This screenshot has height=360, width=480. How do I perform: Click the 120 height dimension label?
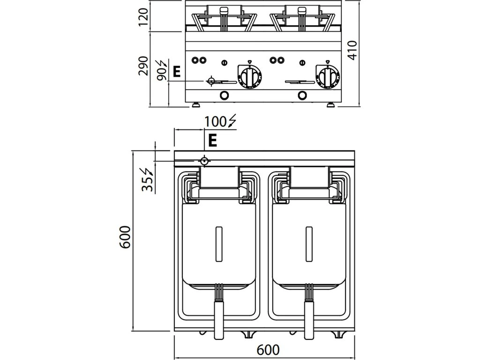pos(144,17)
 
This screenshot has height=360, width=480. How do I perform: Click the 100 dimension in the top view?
pos(215,121)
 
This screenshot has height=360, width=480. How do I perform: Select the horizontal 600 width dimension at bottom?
pos(268,350)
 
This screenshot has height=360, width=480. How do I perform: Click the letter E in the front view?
pos(176,72)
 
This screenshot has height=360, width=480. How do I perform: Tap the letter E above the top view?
pos(212,140)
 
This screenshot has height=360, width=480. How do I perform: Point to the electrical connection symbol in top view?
pos(204,161)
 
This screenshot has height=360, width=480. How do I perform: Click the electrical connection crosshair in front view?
pos(211,81)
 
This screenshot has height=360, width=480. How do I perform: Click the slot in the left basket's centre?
pos(219,244)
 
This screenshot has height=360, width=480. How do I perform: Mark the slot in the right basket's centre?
pos(309,244)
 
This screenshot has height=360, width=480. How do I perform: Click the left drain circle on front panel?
pos(225,95)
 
